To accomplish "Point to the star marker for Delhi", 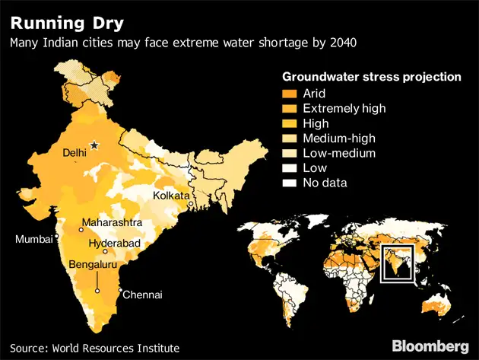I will (94, 145).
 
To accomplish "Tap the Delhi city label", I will (75, 153).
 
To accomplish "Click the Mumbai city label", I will (34, 239).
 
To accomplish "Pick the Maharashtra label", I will (114, 222).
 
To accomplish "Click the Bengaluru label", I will (97, 264).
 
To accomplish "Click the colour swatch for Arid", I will (290, 94).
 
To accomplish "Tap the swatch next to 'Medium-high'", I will (290, 139).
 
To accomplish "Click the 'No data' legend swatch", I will (290, 183).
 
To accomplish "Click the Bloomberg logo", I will (430, 346).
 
